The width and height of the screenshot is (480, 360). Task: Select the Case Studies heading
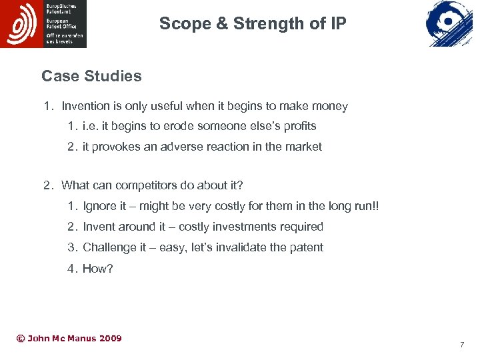point(91,76)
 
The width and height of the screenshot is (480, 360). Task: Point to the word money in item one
point(332,106)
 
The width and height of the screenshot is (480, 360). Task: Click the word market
point(303,147)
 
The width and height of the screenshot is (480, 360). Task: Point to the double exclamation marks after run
point(376,206)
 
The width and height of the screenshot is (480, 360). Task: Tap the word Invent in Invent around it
point(99,227)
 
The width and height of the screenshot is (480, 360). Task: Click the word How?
point(98,269)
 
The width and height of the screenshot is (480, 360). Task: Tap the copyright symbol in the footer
point(20,339)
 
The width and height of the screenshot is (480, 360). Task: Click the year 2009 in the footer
point(110,339)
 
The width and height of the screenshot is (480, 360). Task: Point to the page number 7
point(461,345)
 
